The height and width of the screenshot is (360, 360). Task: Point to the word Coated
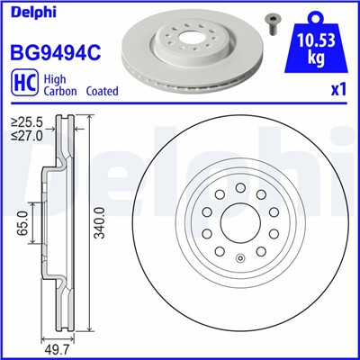click(x=101, y=92)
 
